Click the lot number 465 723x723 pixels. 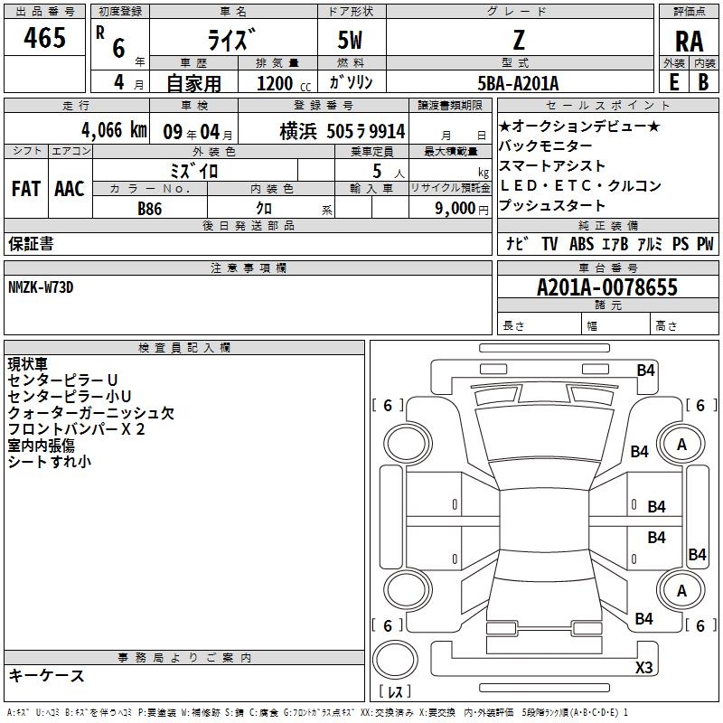point(45,38)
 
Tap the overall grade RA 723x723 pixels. point(689,42)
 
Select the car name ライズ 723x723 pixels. point(232,41)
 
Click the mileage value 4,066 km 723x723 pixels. point(113,130)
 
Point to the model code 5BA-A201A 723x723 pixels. point(518,83)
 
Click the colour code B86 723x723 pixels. point(150,209)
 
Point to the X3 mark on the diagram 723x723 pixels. point(643,667)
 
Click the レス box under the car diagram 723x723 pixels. point(394,692)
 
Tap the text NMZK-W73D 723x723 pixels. point(41,287)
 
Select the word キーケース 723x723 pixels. point(46,676)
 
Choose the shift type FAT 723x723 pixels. point(25,189)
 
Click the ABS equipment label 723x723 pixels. point(581,244)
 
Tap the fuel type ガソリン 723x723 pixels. point(352,82)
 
